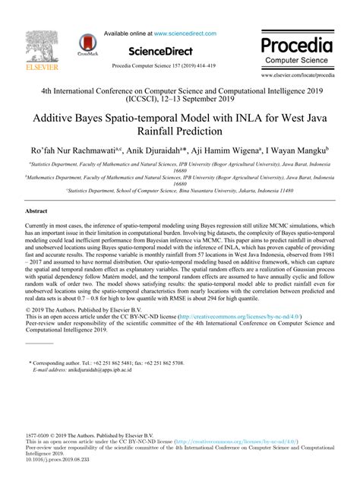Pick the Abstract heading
click(x=36, y=210)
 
